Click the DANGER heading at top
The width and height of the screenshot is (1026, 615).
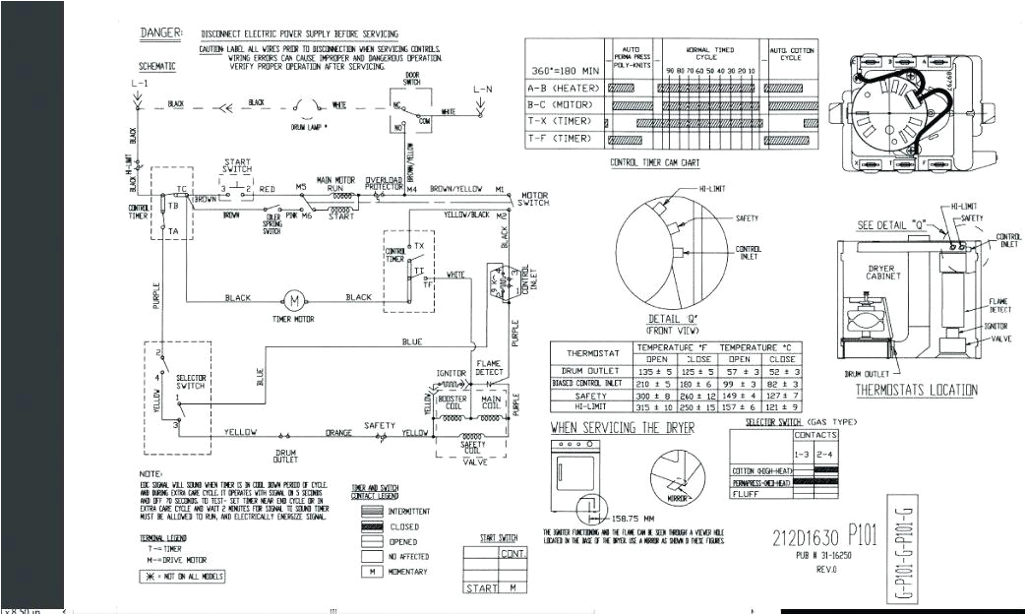click(160, 32)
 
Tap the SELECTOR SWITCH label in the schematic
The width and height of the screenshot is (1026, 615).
click(191, 382)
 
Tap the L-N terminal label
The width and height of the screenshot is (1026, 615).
click(481, 90)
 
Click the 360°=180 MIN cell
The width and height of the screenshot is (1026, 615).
click(564, 71)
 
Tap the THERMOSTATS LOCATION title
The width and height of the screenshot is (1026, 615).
click(916, 391)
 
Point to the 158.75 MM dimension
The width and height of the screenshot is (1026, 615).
click(634, 518)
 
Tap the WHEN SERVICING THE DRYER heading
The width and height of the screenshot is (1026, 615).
click(622, 428)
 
